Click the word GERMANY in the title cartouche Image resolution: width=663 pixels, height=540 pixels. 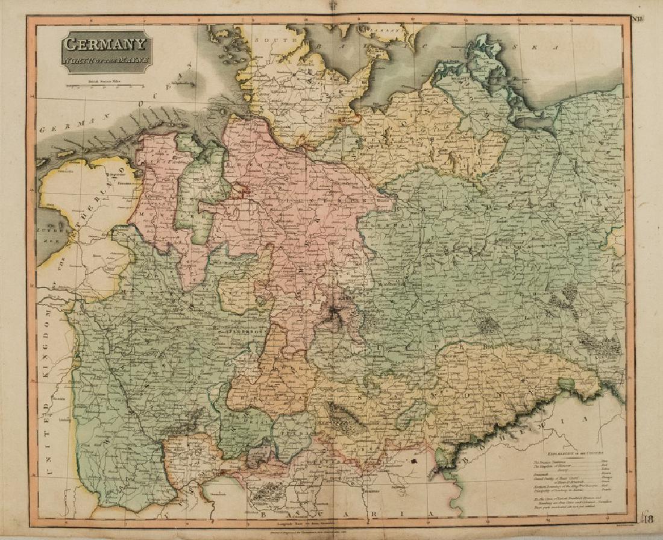point(105,45)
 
